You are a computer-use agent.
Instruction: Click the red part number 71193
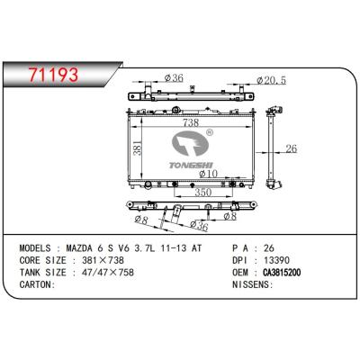tap(53, 75)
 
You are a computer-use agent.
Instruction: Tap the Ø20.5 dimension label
tap(272, 80)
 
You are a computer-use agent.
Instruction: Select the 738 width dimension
tap(191, 122)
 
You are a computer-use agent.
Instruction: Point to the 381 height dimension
tap(137, 148)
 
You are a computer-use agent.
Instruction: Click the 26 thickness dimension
tap(292, 148)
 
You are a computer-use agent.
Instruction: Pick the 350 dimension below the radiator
tap(203, 193)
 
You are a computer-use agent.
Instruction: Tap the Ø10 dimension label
tap(208, 174)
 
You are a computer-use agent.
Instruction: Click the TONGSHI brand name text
tap(191, 166)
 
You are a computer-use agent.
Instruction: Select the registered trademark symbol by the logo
tap(210, 132)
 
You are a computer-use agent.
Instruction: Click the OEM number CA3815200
tap(282, 273)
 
